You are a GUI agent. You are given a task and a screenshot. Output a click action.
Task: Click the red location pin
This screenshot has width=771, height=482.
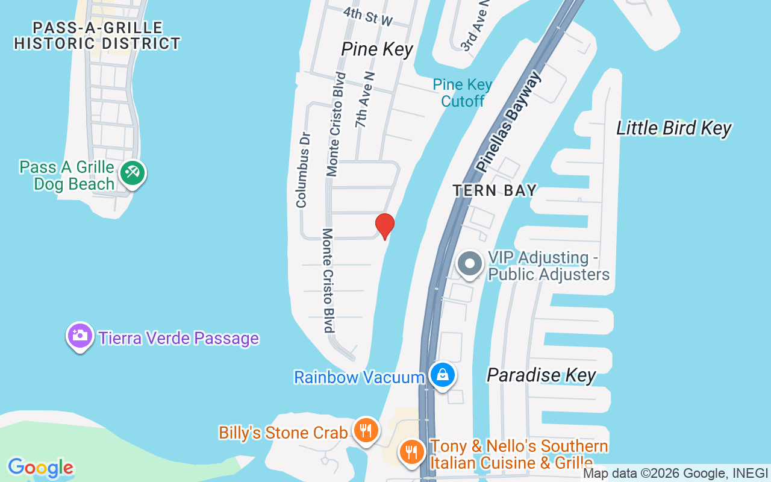point(385,226)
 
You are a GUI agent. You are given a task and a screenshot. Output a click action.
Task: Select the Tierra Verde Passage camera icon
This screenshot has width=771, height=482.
point(80,336)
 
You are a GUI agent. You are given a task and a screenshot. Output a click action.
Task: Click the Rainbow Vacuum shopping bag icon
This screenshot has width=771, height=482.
point(443,375)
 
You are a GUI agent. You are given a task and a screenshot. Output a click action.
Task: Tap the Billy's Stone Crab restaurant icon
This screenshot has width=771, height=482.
point(365,431)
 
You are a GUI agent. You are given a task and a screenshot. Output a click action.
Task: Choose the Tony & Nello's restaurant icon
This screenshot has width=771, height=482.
point(411,451)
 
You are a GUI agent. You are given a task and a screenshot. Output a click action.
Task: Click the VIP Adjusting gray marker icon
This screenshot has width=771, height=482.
point(470,264)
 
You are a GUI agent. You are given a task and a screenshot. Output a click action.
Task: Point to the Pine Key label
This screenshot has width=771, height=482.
point(377,49)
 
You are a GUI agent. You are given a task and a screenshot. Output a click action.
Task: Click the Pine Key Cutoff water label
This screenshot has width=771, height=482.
point(463,93)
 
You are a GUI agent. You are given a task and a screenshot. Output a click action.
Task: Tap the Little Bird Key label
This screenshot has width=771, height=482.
point(673,128)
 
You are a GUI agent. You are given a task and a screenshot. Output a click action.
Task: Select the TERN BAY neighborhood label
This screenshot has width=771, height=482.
point(495,191)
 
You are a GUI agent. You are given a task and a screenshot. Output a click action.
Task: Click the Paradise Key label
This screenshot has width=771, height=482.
point(541,375)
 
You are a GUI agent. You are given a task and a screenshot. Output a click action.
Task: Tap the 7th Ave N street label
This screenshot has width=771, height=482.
point(364,100)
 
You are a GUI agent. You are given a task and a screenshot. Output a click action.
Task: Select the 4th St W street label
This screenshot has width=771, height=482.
point(368,17)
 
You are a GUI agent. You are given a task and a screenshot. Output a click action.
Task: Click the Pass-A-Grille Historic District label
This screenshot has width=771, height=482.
point(98,36)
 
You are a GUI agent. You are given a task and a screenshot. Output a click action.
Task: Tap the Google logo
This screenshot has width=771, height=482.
point(41,468)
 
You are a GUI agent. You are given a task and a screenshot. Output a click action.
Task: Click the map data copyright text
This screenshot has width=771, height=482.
point(676,474)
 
